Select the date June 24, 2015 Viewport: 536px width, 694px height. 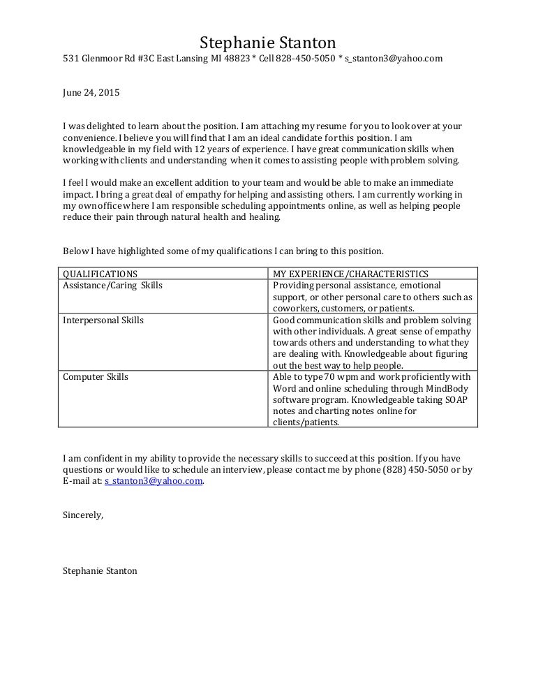pyautogui.click(x=91, y=92)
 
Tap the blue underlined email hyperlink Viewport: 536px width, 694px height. pyautogui.click(x=154, y=481)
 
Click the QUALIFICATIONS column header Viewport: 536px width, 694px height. pyautogui.click(x=100, y=274)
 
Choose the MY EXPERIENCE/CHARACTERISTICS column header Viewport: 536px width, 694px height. pyautogui.click(x=350, y=274)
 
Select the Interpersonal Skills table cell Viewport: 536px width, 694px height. pyautogui.click(x=103, y=320)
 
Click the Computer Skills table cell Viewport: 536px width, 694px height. pyautogui.click(x=96, y=377)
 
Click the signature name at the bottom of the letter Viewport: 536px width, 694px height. pyautogui.click(x=100, y=570)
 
